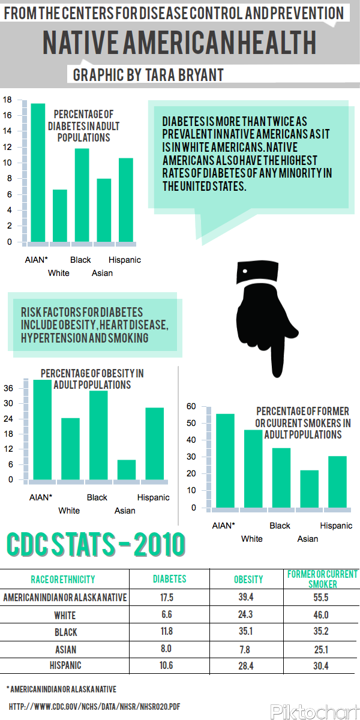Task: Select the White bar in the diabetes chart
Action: [x=60, y=216]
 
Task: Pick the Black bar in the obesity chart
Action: [x=98, y=435]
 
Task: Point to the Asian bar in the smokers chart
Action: [x=309, y=489]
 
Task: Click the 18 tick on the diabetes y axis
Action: [x=7, y=100]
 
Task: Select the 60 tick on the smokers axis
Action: [x=191, y=406]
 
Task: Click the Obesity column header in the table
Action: [x=248, y=580]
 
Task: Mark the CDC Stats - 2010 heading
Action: [x=96, y=545]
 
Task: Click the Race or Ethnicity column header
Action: [x=63, y=580]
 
